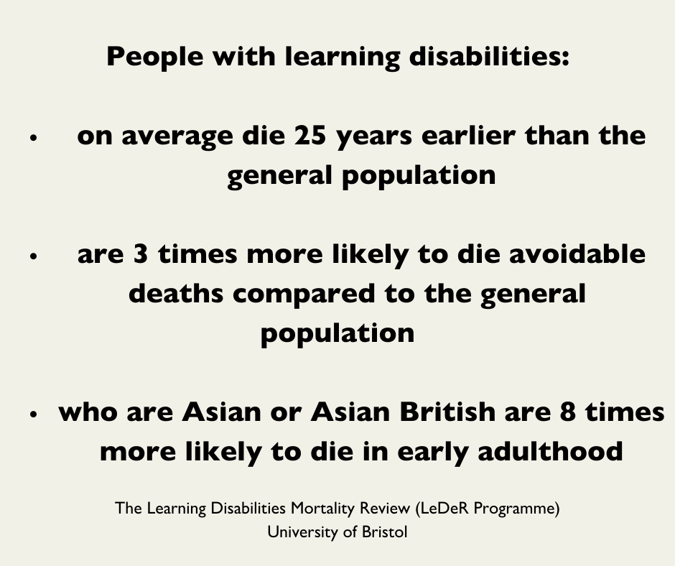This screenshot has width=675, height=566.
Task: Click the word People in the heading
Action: (155, 57)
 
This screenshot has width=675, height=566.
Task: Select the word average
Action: (177, 137)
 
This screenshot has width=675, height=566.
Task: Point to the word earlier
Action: (468, 135)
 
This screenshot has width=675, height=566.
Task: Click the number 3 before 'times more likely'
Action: (141, 254)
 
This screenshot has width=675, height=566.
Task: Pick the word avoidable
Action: (577, 254)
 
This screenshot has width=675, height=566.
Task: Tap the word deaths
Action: (176, 293)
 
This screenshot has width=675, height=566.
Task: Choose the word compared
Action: (304, 295)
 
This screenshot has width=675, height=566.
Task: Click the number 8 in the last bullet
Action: (568, 412)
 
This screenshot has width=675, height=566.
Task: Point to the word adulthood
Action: (550, 450)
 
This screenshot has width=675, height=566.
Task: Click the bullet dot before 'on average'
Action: (34, 138)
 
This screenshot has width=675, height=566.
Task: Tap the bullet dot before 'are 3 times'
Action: (34, 256)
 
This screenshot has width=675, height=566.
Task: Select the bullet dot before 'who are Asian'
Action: (34, 414)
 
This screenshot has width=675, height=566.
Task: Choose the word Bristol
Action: (384, 532)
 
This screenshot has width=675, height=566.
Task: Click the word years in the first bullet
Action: (373, 137)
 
